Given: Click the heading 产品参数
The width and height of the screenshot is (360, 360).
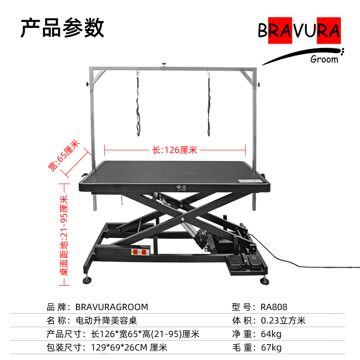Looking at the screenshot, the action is click(x=63, y=28).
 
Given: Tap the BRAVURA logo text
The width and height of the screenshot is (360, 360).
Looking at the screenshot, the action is click(x=299, y=31).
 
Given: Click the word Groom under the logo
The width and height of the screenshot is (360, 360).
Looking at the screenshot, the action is click(x=324, y=59).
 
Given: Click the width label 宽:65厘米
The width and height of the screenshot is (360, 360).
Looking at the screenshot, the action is click(x=64, y=155).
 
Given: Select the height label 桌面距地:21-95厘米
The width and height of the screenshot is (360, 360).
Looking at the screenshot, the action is click(x=64, y=235).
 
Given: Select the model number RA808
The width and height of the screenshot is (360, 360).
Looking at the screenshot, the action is click(x=274, y=307).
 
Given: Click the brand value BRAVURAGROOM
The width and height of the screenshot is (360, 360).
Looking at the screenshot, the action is click(x=112, y=307).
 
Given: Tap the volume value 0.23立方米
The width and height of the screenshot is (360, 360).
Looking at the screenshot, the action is click(x=283, y=321).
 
